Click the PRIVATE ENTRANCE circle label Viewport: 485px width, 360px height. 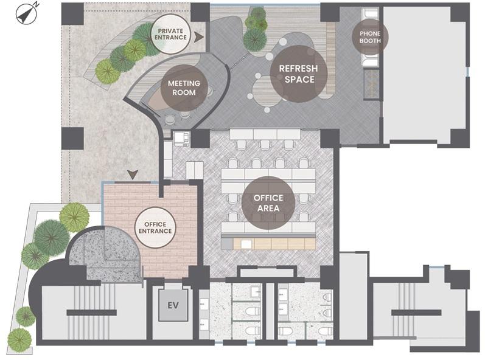(x=170, y=34)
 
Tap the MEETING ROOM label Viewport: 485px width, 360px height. (x=184, y=88)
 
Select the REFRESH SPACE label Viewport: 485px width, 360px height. (x=299, y=74)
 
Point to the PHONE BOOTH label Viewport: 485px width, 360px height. (x=370, y=37)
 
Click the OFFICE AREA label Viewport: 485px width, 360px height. (x=268, y=203)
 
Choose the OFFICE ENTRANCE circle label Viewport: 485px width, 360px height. (x=155, y=227)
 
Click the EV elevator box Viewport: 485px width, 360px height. (x=173, y=305)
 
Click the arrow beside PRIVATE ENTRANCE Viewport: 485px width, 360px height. (x=199, y=37)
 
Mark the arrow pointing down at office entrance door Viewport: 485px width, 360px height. (x=133, y=175)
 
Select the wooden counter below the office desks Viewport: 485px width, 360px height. (x=274, y=244)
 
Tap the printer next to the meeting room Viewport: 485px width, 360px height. (x=181, y=138)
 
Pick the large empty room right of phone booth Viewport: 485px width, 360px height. (x=424, y=74)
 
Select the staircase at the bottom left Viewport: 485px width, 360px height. (x=91, y=312)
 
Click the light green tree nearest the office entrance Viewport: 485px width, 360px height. (x=74, y=217)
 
